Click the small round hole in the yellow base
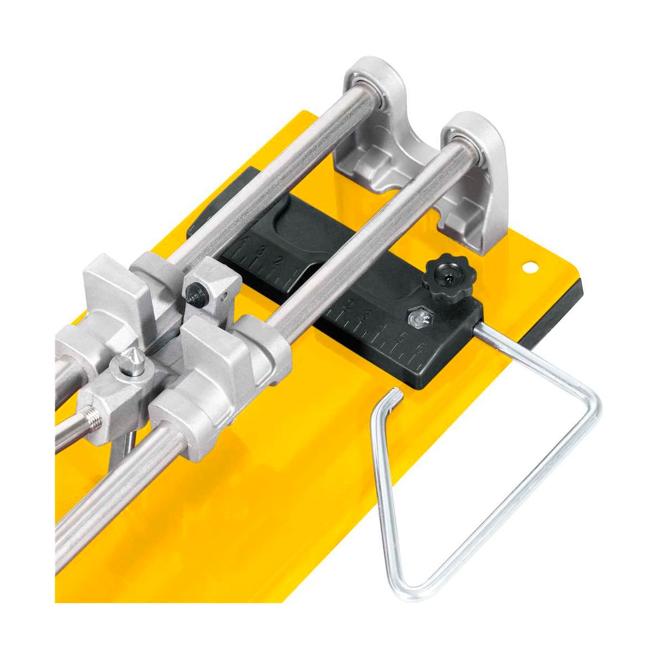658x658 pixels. (529, 267)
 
